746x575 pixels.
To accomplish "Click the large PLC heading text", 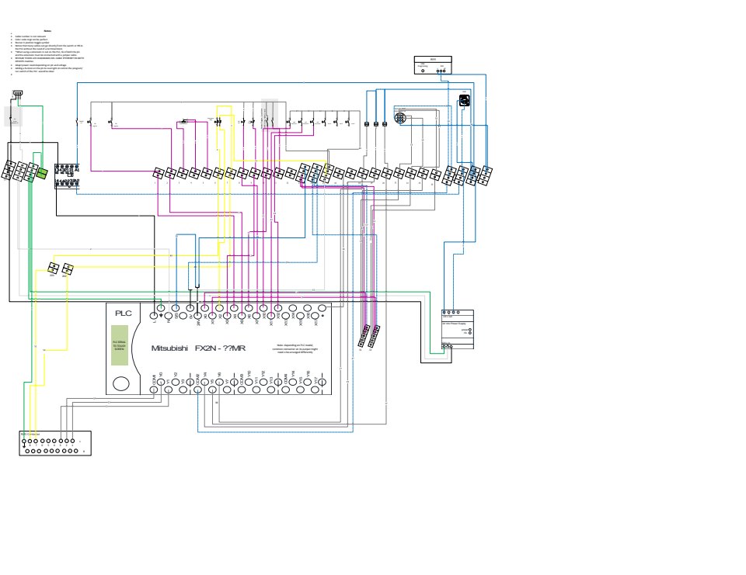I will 124,313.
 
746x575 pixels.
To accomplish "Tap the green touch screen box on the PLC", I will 120,345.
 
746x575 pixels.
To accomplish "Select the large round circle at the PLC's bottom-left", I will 121,383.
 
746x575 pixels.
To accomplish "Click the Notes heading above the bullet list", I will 47,30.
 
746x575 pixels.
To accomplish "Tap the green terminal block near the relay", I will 42,172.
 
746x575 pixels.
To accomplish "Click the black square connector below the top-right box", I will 465,100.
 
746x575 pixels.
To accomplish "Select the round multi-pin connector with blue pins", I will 399,118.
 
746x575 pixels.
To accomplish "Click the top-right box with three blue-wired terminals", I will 433,65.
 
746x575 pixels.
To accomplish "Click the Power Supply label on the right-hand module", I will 456,323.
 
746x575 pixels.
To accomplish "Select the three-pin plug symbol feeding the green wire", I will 17,95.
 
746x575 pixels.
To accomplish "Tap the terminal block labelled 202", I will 68,268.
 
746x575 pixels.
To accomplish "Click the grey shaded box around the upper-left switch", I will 14,116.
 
